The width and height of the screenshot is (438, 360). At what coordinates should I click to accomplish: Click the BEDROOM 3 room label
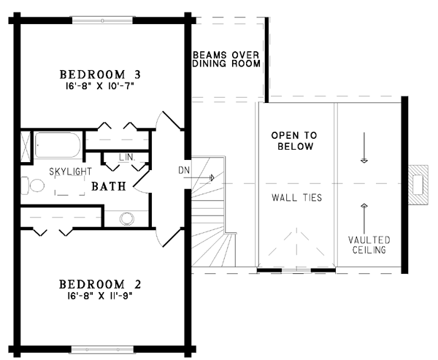[100, 74]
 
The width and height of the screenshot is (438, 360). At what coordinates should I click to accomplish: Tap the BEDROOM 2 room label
[100, 284]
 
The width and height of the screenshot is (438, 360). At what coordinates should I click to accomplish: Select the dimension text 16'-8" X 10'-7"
[100, 86]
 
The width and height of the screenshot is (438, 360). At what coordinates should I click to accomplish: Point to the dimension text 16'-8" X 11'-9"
[99, 296]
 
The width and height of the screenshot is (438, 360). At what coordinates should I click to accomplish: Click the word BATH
[109, 186]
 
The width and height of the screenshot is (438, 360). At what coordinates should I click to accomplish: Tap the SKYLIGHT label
[70, 172]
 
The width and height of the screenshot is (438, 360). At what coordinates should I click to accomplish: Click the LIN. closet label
[127, 157]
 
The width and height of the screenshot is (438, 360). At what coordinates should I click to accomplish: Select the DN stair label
[184, 170]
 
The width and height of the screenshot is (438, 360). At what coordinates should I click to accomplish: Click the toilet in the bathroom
[33, 185]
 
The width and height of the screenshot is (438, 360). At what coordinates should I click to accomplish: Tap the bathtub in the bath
[58, 145]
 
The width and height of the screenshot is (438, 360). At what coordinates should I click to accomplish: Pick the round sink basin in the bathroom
[126, 218]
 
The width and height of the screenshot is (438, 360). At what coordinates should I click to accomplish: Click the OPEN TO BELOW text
[294, 141]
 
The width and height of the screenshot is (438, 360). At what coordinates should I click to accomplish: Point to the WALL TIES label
[297, 198]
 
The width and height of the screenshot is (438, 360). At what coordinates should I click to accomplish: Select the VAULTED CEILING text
[369, 245]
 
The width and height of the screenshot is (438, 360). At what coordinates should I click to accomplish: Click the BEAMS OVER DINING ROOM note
[226, 59]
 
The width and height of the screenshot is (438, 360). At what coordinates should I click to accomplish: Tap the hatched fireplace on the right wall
[418, 185]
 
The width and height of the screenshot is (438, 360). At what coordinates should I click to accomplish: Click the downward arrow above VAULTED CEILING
[364, 148]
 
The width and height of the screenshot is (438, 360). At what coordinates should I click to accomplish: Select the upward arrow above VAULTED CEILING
[364, 219]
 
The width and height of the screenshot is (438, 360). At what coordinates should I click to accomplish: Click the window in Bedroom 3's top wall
[103, 20]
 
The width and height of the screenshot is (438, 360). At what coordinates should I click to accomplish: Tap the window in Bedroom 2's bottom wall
[102, 350]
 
